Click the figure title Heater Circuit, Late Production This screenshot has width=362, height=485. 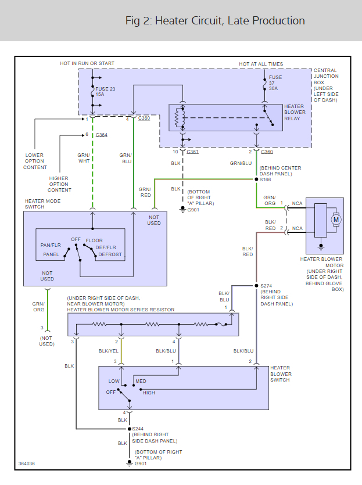(215, 21)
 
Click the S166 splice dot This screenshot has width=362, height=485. (256, 179)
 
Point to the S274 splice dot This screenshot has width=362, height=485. (256, 285)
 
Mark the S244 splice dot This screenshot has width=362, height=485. (128, 429)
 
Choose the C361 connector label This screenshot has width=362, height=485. (193, 152)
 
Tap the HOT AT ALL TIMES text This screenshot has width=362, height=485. (261, 63)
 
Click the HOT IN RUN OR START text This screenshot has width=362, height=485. (87, 63)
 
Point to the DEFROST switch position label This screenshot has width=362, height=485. (110, 254)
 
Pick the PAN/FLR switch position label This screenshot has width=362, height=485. (51, 245)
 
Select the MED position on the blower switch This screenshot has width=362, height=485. (141, 382)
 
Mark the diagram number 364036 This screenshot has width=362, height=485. (27, 464)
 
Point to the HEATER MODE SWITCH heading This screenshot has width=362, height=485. (42, 204)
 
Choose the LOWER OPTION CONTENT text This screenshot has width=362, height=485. (35, 161)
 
